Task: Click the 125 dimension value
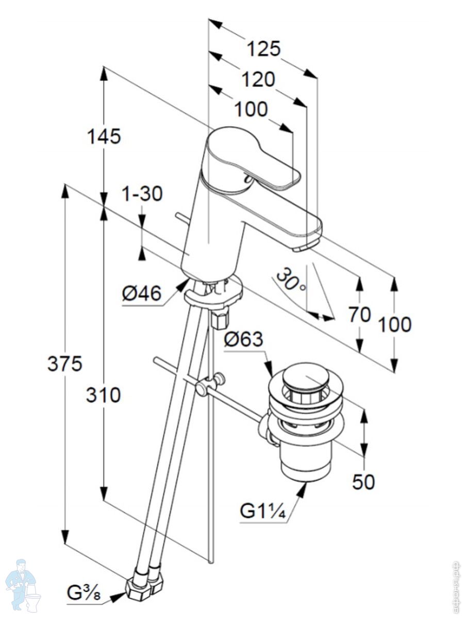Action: [x=263, y=49]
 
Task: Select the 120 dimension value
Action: [x=258, y=79]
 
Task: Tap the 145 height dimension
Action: [x=104, y=136]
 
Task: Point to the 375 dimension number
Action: [x=65, y=364]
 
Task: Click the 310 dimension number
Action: [x=103, y=395]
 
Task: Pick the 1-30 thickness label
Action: [x=142, y=194]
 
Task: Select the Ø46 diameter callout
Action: [x=141, y=294]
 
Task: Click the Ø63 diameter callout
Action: [x=244, y=340]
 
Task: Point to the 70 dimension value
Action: [x=359, y=314]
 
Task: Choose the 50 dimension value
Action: [x=363, y=482]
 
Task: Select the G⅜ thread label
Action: [x=84, y=594]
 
